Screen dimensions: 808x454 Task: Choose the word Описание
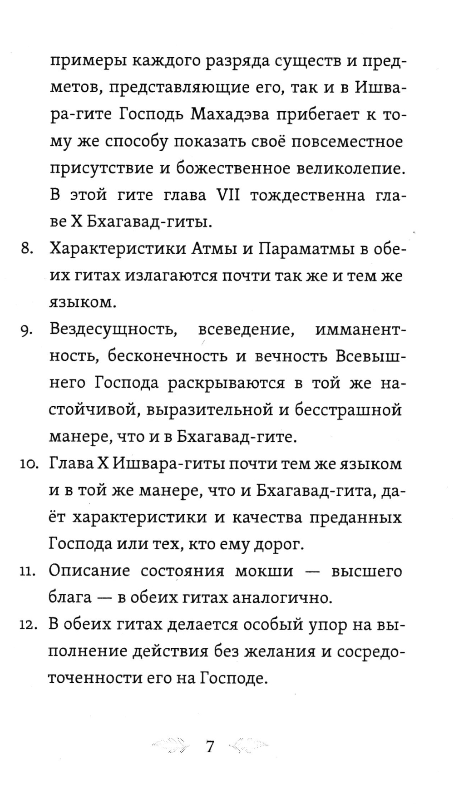[x=89, y=572]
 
